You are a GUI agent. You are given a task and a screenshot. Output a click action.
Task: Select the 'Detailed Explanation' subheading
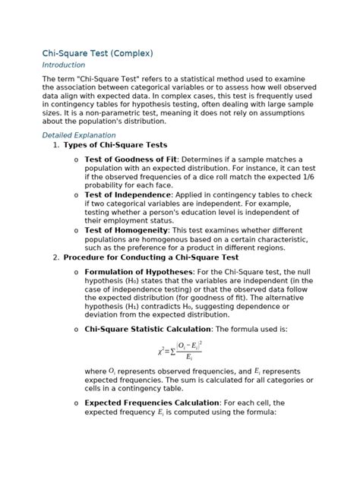pos(83,134)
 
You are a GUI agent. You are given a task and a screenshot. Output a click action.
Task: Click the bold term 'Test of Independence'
pos(128,194)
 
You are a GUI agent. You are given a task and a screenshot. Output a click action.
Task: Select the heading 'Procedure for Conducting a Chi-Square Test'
pos(164,257)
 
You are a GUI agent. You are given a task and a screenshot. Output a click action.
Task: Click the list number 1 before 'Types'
pos(56,144)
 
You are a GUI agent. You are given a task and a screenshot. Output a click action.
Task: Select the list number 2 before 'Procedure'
pos(56,257)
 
